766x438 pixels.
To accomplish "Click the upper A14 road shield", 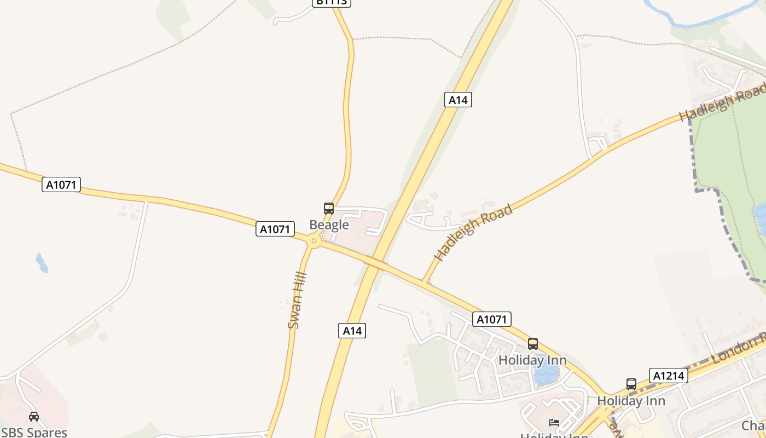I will [x=458, y=100].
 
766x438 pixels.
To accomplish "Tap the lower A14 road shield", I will [x=352, y=331].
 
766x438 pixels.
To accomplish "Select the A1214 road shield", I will [x=668, y=376].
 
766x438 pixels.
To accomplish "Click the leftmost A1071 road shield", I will [x=61, y=185].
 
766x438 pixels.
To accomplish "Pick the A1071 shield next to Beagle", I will [x=275, y=229].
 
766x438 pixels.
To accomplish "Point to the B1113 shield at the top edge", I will [x=332, y=2].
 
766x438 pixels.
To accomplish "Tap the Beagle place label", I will [x=329, y=224].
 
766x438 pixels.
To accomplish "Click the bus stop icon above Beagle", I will [x=329, y=209].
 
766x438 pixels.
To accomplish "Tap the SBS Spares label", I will [x=34, y=432].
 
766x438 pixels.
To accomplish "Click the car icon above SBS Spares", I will [x=34, y=417].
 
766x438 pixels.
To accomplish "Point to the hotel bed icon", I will [x=554, y=423].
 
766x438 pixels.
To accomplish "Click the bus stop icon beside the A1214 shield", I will [x=631, y=384].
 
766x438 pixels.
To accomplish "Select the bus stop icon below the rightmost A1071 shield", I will [x=533, y=344].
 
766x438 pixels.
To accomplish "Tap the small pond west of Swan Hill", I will [x=42, y=263].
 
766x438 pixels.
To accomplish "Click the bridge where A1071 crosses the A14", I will [x=376, y=263].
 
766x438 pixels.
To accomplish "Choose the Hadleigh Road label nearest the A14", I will [x=474, y=232].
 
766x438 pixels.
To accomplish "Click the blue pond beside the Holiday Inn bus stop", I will [x=546, y=375].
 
